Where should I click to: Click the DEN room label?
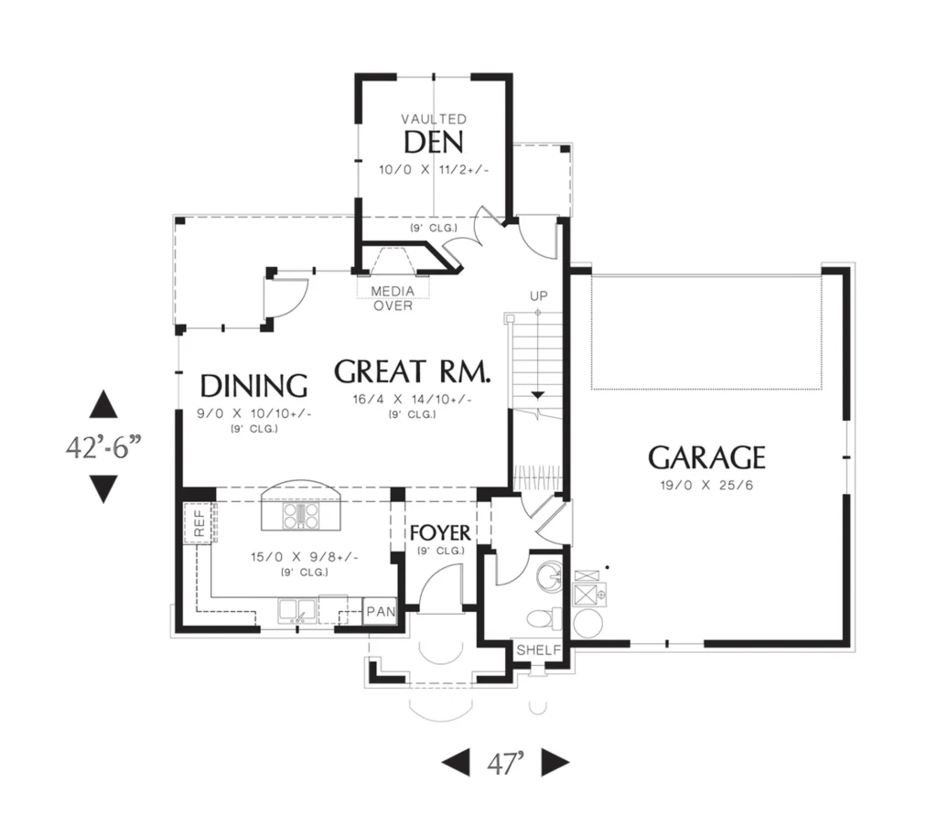click(x=434, y=143)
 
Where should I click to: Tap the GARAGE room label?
click(x=706, y=458)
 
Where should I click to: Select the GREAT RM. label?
click(x=413, y=371)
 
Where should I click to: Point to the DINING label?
click(x=253, y=386)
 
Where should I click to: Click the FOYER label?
click(x=440, y=532)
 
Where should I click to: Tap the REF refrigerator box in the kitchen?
click(x=199, y=523)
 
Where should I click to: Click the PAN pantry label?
click(x=381, y=612)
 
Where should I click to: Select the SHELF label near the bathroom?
click(x=539, y=650)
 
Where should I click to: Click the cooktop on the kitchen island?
click(x=302, y=516)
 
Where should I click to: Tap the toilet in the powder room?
click(x=545, y=618)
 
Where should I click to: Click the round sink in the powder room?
click(x=549, y=577)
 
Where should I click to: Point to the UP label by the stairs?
click(x=538, y=296)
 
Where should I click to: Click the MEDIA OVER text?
click(x=393, y=298)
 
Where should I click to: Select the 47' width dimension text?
click(x=505, y=763)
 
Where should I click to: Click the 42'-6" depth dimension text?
click(x=104, y=446)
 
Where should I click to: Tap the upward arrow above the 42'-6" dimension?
click(x=103, y=404)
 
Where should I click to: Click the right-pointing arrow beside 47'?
click(x=555, y=763)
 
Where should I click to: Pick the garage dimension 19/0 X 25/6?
click(x=706, y=486)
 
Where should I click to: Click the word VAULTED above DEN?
click(x=434, y=120)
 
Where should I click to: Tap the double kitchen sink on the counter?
click(x=297, y=611)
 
